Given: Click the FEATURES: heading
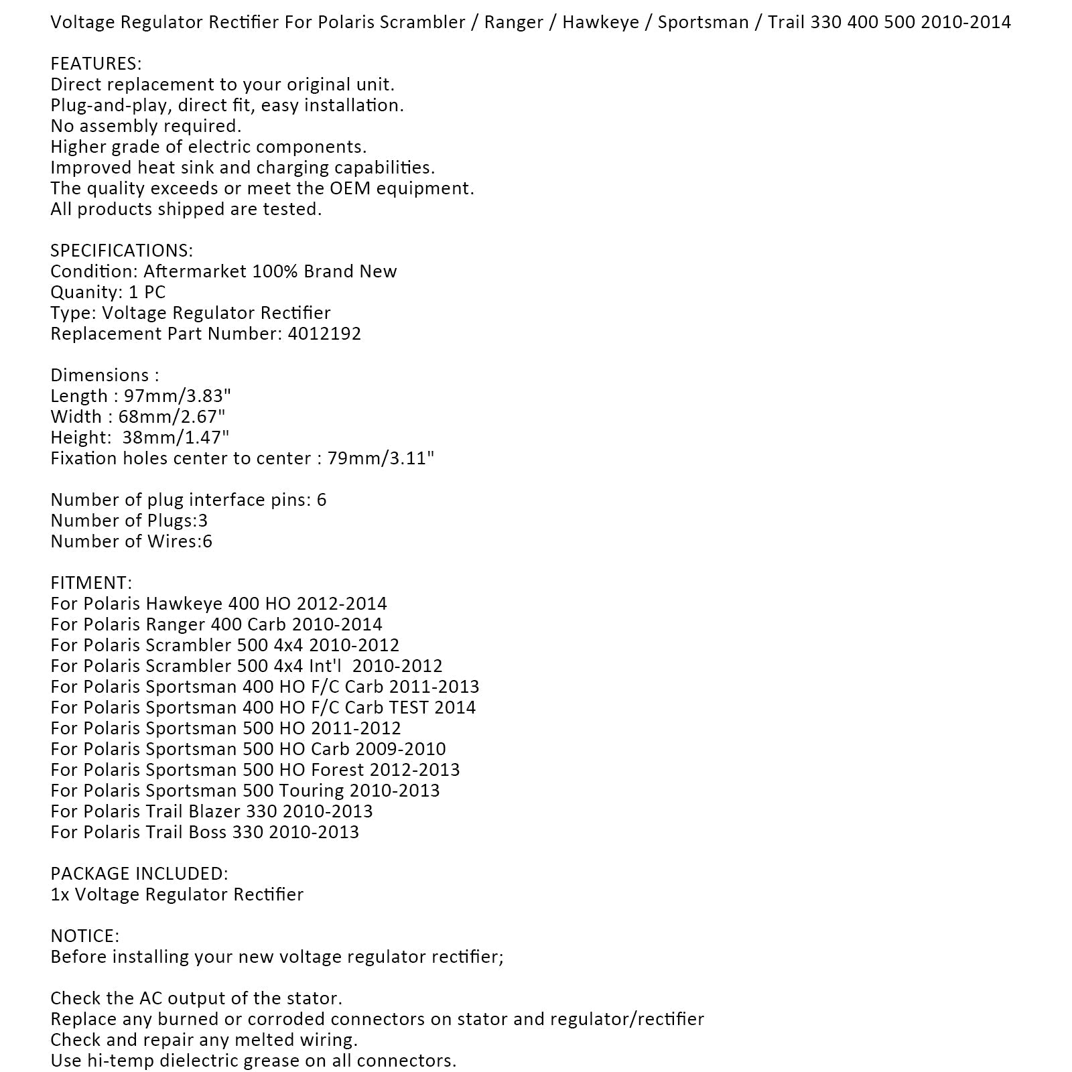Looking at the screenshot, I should (x=96, y=64).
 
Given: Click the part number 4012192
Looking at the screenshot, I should (x=324, y=334).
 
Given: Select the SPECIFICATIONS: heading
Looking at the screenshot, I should (x=121, y=251).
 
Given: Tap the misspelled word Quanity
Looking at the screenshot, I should (x=84, y=293).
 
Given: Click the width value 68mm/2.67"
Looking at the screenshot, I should (x=172, y=417).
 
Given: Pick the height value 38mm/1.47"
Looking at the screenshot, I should (x=176, y=438).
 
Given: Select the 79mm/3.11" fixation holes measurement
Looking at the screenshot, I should (x=380, y=458).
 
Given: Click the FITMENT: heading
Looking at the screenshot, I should (x=91, y=583).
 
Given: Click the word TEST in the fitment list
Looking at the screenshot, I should (x=408, y=708).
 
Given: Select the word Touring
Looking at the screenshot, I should (x=315, y=791).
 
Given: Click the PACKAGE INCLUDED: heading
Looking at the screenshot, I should (x=139, y=874).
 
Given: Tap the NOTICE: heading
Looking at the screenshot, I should (x=84, y=936).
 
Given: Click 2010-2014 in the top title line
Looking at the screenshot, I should (x=965, y=22).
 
